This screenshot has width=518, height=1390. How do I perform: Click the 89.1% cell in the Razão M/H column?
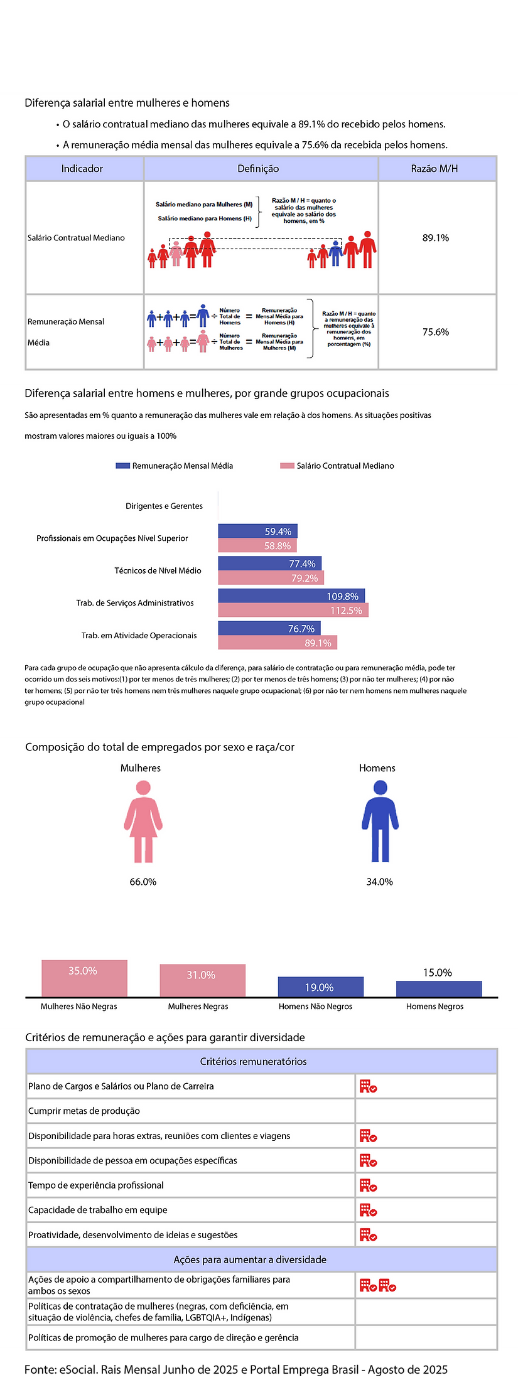click(436, 238)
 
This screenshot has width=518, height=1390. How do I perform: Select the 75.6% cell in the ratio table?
click(436, 332)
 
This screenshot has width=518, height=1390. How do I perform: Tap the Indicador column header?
click(82, 169)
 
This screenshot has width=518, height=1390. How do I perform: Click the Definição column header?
click(258, 169)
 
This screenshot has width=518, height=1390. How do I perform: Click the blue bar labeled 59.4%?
click(257, 532)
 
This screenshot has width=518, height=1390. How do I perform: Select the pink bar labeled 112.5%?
click(293, 610)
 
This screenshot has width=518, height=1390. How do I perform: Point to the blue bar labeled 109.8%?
click(291, 596)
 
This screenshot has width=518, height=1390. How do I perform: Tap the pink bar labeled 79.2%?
click(271, 578)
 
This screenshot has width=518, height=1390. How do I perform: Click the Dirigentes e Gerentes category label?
click(164, 506)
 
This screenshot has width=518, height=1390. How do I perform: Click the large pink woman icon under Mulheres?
click(143, 821)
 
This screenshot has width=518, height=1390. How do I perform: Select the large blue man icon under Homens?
click(380, 821)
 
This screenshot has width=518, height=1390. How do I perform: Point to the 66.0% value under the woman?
click(143, 882)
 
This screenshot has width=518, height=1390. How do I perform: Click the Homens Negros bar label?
click(434, 1007)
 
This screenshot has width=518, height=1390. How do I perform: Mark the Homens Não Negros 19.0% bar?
click(320, 987)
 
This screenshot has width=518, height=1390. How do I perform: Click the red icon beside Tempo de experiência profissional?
click(368, 1185)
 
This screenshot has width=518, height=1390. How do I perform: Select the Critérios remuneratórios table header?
click(254, 1062)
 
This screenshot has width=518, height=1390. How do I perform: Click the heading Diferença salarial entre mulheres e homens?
click(127, 103)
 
